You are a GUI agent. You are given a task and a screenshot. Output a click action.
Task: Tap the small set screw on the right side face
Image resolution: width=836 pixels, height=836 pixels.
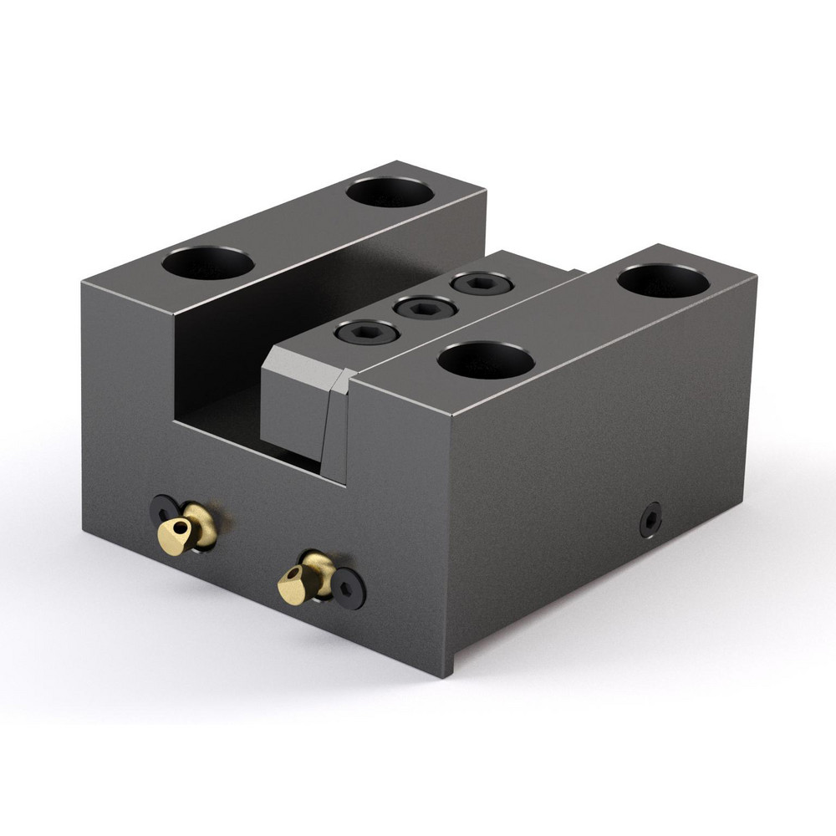click(650, 519)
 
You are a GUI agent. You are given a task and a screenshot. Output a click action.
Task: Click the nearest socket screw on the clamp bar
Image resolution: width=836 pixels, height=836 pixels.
click(367, 332)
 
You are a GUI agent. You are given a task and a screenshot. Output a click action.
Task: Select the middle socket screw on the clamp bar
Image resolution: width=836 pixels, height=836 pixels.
click(426, 308)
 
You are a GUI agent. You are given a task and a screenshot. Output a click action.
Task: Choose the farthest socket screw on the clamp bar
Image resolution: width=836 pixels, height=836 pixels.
click(481, 284)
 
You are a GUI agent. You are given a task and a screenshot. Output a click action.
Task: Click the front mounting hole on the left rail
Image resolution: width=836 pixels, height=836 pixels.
click(208, 263)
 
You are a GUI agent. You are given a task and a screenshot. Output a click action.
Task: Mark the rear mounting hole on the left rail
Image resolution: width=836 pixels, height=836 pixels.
click(390, 192)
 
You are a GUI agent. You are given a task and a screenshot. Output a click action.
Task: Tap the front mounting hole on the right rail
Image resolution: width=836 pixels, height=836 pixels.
click(486, 359)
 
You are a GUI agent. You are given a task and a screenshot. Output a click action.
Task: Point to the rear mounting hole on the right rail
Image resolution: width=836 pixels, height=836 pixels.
click(663, 280)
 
